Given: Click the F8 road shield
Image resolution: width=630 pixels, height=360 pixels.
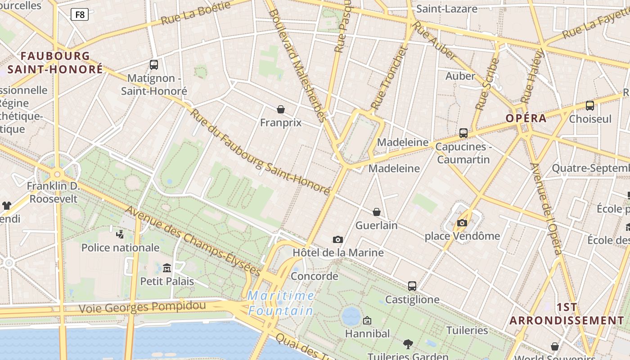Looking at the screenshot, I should (x=80, y=15).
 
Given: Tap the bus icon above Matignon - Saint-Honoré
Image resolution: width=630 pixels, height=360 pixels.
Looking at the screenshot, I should (x=154, y=65).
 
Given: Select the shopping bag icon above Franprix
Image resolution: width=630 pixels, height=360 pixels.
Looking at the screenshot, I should (x=281, y=109).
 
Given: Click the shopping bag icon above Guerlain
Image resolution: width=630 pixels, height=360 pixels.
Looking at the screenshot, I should (x=377, y=212).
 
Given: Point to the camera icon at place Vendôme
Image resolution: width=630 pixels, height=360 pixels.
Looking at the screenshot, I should (x=462, y=223).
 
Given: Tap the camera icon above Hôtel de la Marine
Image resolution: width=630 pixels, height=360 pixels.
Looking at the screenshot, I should (x=338, y=239).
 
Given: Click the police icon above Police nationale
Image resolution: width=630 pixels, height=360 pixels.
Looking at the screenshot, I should (x=120, y=234).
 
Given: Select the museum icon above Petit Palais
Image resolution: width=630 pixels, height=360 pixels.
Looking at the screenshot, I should (x=167, y=268).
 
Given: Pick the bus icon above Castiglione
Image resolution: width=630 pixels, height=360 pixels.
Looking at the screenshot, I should (x=412, y=286).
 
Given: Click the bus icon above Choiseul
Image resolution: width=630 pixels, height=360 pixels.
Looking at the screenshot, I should (x=590, y=106).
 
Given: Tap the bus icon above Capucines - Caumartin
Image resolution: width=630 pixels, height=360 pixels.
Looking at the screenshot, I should (x=463, y=133).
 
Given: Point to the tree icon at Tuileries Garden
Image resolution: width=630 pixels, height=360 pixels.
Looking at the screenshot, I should (x=408, y=344).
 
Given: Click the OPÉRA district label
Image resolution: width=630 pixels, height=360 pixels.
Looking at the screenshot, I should (x=526, y=118).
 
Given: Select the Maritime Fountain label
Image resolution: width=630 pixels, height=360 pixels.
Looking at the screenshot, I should (x=281, y=303).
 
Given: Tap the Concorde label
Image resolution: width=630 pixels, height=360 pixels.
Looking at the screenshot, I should (x=315, y=276).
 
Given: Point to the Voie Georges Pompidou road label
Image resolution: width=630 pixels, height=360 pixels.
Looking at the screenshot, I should (x=142, y=307).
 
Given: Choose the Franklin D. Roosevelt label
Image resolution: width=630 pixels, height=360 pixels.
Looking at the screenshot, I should (x=53, y=192).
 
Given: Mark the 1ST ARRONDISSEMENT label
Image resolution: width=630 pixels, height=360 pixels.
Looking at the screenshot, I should (x=567, y=314).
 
